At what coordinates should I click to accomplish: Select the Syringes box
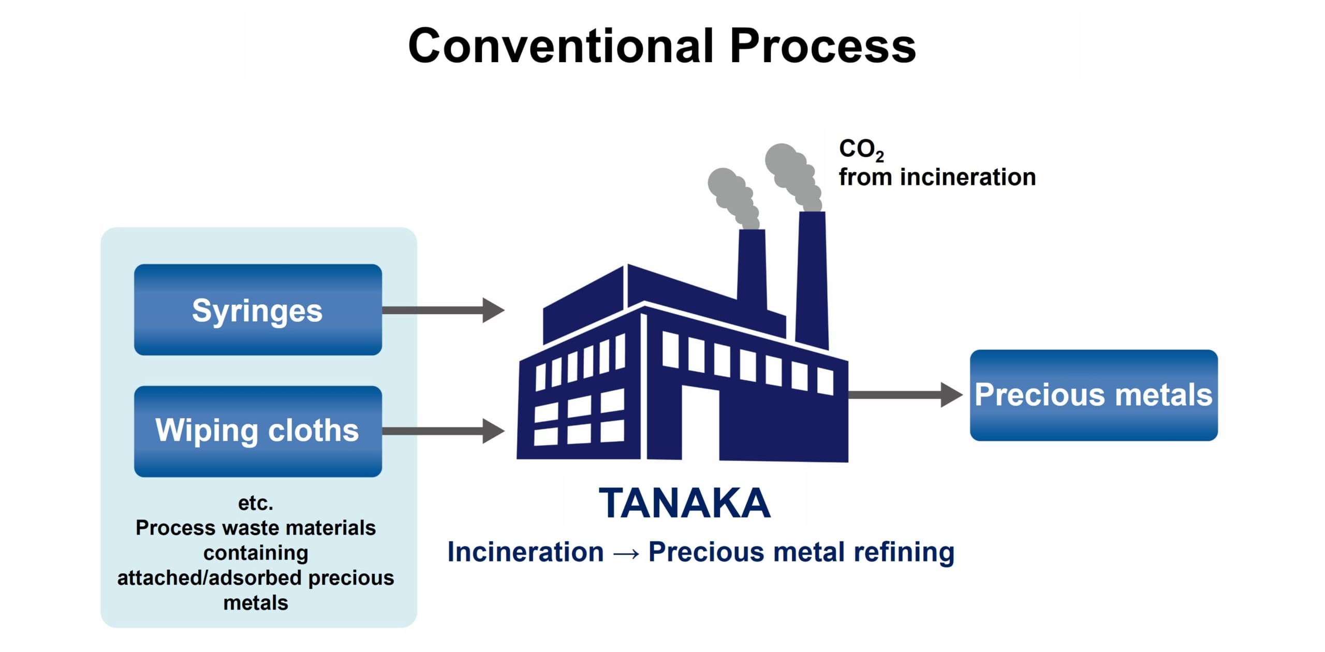tap(258, 309)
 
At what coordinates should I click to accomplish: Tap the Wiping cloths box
tap(258, 431)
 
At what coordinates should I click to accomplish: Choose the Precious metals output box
tap(1093, 395)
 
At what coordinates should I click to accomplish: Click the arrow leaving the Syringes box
tap(443, 310)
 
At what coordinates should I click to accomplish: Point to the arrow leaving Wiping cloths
tap(443, 431)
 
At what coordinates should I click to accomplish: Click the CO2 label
tap(861, 150)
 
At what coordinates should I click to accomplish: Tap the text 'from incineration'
tap(937, 177)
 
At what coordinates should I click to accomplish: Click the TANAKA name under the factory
tap(684, 503)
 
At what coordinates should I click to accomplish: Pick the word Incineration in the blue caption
tap(525, 552)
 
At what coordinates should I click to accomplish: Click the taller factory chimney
tap(812, 279)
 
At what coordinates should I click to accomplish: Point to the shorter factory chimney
tap(752, 269)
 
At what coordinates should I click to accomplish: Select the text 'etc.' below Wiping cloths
tap(256, 502)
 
